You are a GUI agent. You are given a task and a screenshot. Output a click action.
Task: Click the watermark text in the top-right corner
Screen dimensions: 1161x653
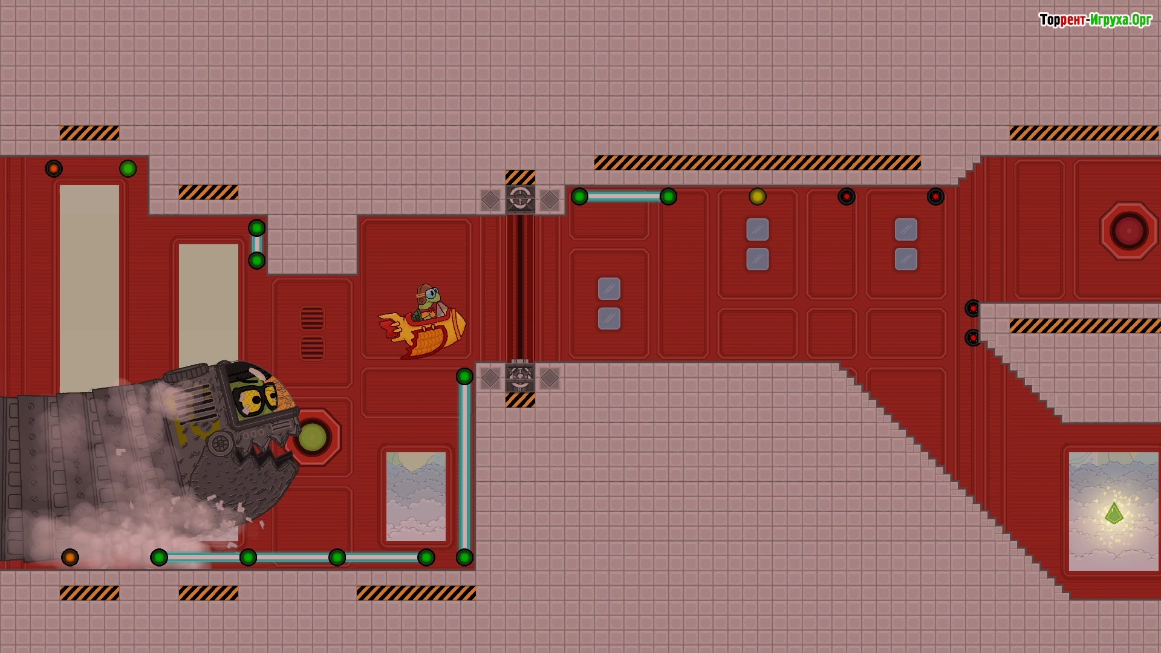click(1096, 21)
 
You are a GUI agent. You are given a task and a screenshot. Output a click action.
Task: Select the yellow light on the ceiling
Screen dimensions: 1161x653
click(758, 197)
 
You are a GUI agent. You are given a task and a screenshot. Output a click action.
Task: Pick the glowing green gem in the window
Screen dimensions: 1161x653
click(1114, 514)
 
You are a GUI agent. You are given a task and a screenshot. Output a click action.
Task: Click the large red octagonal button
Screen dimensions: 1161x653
click(1128, 231)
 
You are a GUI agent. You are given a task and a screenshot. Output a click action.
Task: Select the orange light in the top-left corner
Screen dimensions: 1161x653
click(54, 169)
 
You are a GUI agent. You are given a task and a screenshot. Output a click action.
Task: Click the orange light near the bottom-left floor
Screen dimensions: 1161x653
click(70, 557)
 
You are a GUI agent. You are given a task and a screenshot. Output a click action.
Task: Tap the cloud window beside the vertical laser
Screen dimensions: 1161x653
click(416, 496)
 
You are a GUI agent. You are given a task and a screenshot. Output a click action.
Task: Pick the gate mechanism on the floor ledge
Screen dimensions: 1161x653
click(520, 378)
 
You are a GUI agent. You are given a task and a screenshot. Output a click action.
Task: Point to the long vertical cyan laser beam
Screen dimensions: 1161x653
click(464, 467)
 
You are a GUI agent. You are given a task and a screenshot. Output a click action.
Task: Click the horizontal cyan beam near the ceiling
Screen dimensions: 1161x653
click(624, 197)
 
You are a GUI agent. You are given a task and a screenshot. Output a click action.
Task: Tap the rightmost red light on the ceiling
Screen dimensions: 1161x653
click(935, 197)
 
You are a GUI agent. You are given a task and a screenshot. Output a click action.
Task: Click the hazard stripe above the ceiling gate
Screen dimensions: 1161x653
click(520, 177)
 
